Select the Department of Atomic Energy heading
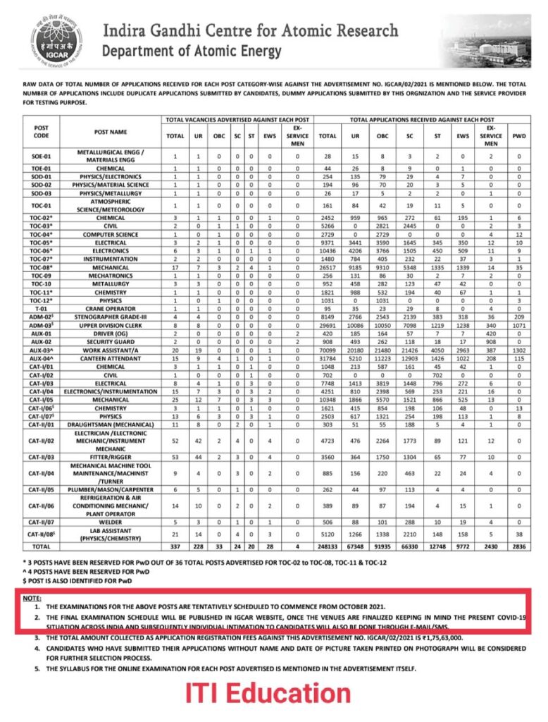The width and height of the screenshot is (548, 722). (x=192, y=52)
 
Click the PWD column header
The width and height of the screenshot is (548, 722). (x=518, y=135)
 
